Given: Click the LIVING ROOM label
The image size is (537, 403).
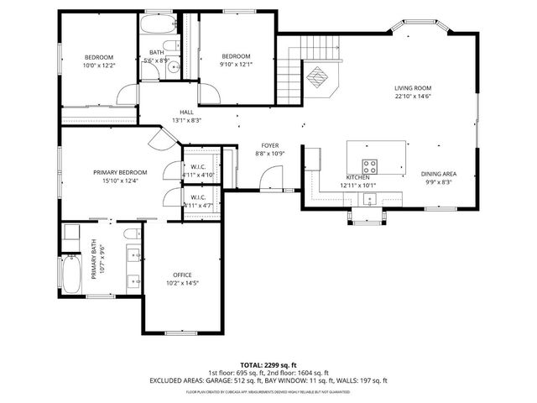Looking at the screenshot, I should pos(413,87).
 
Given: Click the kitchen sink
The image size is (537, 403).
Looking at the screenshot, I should pos(368,199).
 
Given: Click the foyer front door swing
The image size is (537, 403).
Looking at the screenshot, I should pos(270,179).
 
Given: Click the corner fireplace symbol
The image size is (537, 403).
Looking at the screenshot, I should pos(317,77).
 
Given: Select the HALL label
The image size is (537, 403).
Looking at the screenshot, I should pos(186,112).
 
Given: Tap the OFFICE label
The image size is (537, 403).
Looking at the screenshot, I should pos(183,275).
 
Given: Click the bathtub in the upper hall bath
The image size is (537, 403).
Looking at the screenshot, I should pos(157,24).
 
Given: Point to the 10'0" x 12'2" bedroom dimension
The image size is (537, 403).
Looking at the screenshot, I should pos(98,65).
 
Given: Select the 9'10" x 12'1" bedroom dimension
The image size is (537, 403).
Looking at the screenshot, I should pos(235,65).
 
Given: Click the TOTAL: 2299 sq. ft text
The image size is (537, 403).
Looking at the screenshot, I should pos(268,365).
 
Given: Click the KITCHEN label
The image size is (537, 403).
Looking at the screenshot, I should pos(359,178).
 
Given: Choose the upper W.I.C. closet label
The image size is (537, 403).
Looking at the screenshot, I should pos(199,166).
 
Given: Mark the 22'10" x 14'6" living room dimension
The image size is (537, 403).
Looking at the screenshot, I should pos(413,96).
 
